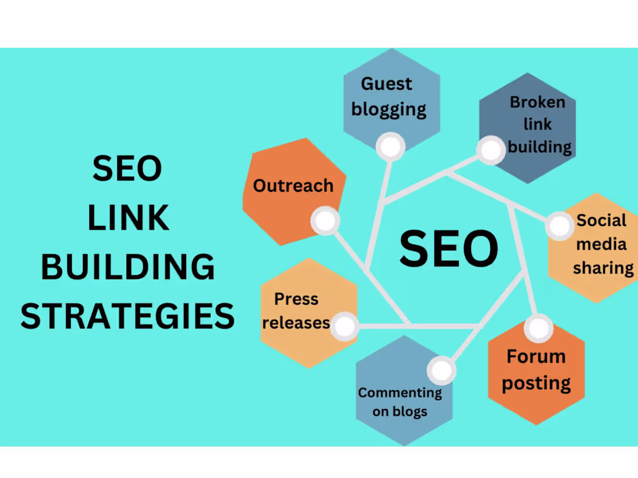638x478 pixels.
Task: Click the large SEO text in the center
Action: click(448, 248)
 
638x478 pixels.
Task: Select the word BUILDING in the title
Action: click(128, 267)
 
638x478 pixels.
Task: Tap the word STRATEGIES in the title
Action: click(128, 316)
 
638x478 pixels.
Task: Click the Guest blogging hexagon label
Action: click(388, 96)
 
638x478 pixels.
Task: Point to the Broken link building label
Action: click(538, 124)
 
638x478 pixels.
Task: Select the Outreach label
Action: click(293, 186)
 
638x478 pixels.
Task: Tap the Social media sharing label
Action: click(601, 244)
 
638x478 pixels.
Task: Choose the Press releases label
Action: click(296, 311)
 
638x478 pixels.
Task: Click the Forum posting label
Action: click(536, 370)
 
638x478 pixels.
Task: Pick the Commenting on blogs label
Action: click(400, 402)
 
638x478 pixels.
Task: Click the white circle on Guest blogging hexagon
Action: click(390, 147)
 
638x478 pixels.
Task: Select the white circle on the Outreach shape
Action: click(325, 221)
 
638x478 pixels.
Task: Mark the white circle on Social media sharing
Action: click(560, 226)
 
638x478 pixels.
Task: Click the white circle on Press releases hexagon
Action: click(346, 326)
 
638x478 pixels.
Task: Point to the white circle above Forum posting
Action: click(538, 328)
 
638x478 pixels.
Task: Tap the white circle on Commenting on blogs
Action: click(441, 370)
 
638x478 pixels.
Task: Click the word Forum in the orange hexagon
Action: click(536, 356)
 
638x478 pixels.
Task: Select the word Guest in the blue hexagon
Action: click(386, 83)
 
